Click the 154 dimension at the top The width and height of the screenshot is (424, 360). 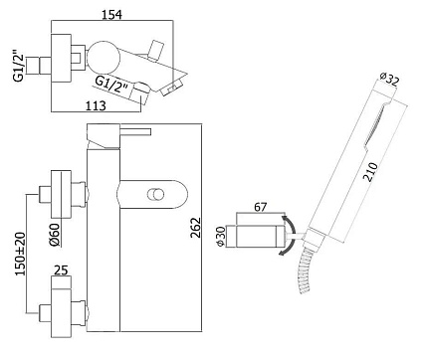(111, 15)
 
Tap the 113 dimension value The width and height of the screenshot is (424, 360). (96, 105)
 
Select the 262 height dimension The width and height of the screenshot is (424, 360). (196, 228)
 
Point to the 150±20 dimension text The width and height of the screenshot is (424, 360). (21, 254)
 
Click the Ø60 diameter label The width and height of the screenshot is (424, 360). (55, 235)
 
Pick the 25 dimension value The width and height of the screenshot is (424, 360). (61, 270)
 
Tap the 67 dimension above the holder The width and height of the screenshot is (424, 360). (260, 207)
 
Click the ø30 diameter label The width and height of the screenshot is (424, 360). (221, 237)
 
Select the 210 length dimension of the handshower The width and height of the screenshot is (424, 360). (370, 172)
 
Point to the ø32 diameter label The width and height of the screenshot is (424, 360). (389, 79)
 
